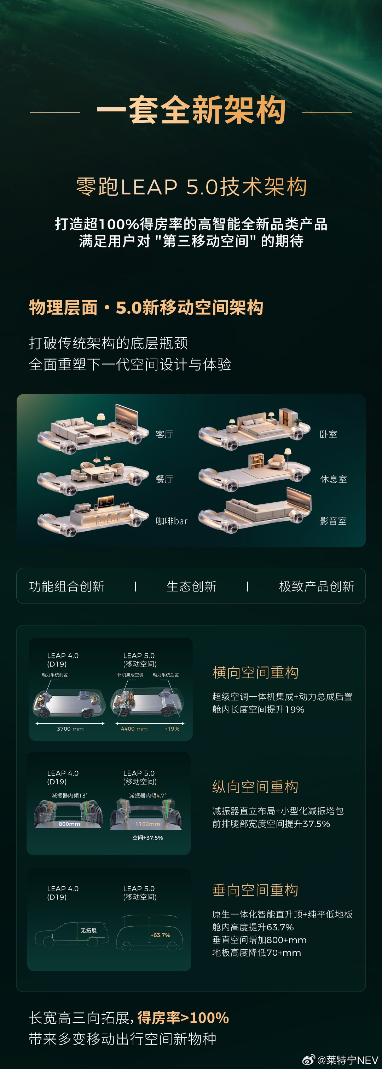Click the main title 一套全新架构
tap(191, 110)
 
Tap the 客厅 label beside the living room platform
tap(164, 434)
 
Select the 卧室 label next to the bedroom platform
tap(328, 434)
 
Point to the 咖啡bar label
tap(171, 521)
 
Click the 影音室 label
tap(333, 521)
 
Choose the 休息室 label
tap(333, 479)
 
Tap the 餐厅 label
tap(164, 479)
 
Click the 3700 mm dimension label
tap(70, 729)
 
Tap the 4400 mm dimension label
tap(134, 729)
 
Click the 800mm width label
tap(69, 824)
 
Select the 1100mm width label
tap(147, 824)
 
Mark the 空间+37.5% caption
tap(147, 838)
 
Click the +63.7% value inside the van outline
tap(161, 935)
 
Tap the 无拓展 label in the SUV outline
tap(88, 930)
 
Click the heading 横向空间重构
tap(255, 672)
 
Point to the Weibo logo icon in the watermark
tap(308, 1060)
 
